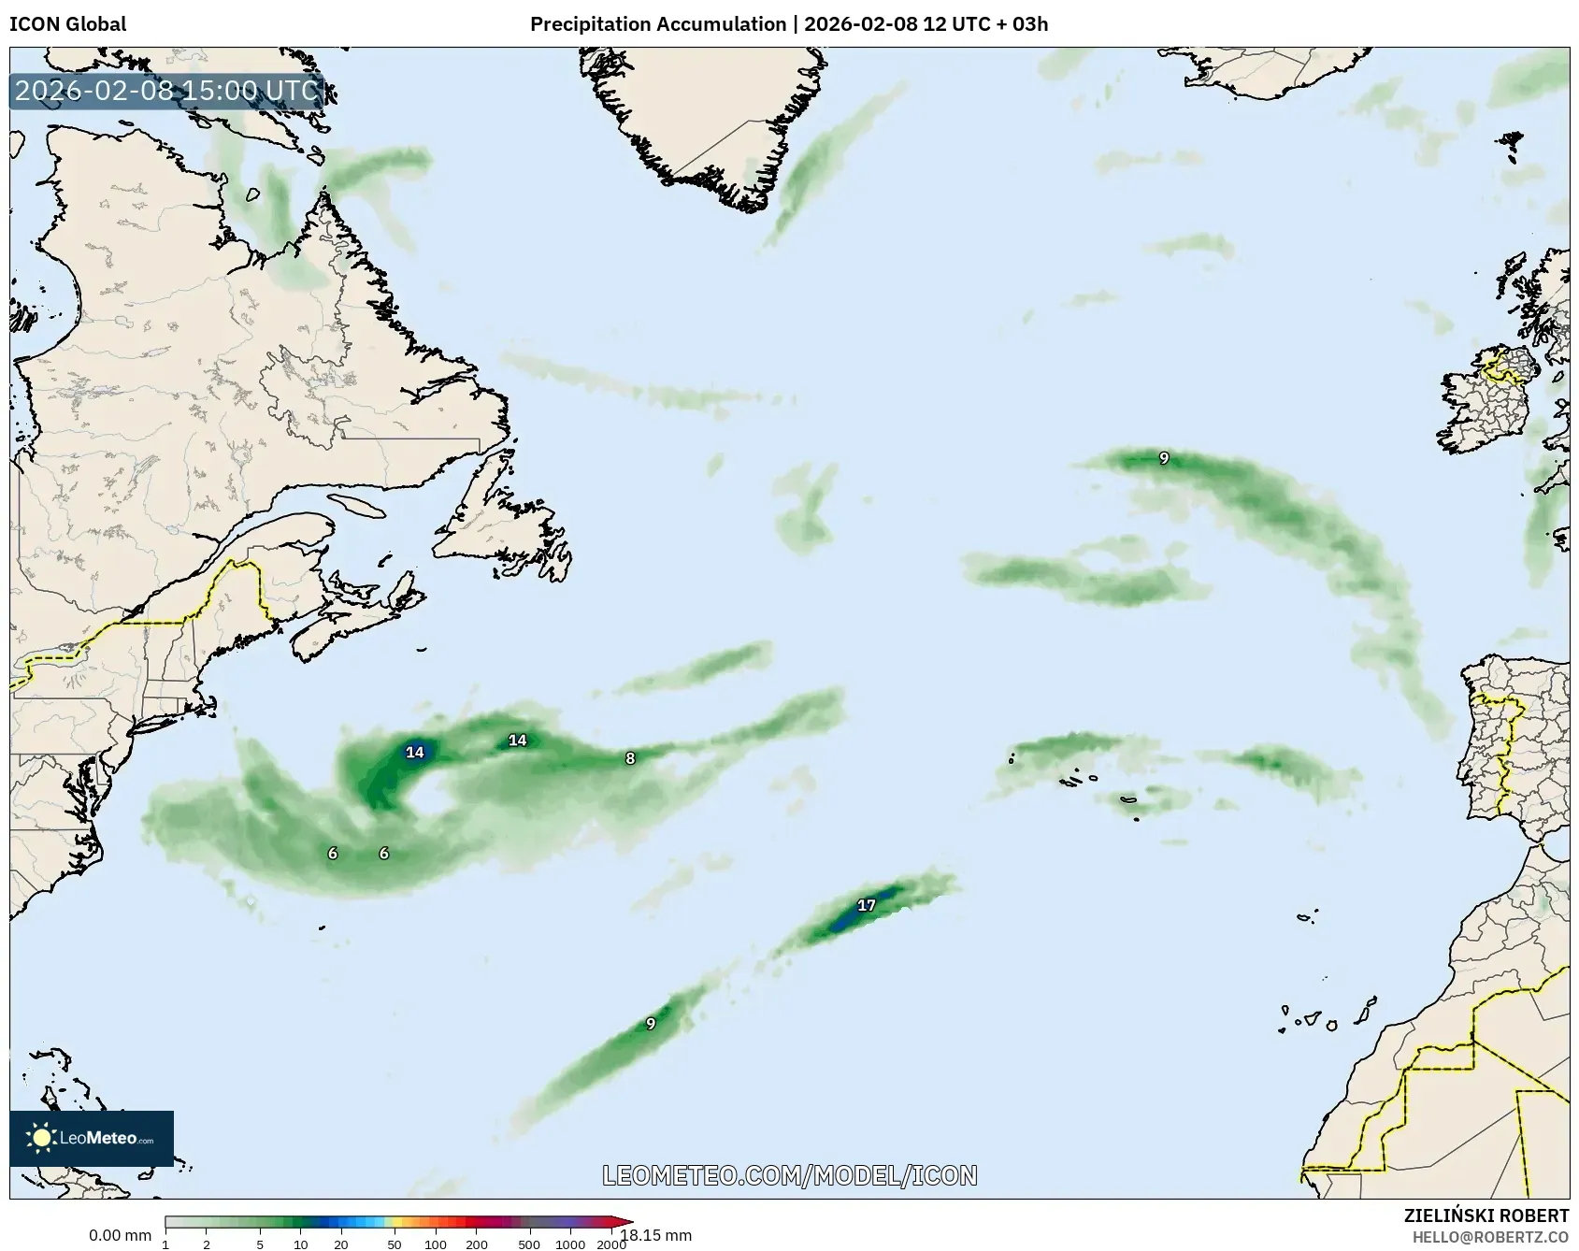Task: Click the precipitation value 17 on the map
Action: pos(867,905)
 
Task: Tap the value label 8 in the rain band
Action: pos(630,758)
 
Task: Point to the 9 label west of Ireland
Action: pos(1164,458)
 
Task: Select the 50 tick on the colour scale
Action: pos(395,1244)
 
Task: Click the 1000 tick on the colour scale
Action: pos(570,1244)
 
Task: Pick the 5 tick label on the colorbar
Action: pos(260,1244)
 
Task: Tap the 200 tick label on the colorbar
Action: pos(477,1244)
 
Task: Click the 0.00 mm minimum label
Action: pos(120,1236)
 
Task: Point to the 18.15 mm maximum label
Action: pos(656,1236)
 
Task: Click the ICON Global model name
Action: pos(67,24)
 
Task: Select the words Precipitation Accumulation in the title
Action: pos(658,24)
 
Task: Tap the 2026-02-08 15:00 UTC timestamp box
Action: pos(167,91)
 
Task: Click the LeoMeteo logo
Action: pos(92,1138)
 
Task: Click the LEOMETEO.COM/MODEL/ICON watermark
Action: pos(790,1175)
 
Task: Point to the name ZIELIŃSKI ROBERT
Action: pos(1486,1215)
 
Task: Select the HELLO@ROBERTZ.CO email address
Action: pos(1490,1237)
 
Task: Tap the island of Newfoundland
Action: pos(505,533)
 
